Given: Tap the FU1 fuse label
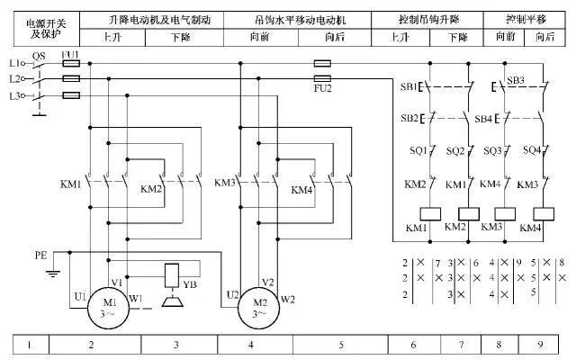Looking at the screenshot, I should click(70, 55).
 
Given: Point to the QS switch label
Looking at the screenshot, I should click(38, 55).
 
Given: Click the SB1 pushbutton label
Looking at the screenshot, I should click(408, 87).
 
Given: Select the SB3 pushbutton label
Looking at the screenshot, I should click(516, 80).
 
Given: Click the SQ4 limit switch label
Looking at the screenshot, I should click(531, 150).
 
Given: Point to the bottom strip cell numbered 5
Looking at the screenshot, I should click(341, 345).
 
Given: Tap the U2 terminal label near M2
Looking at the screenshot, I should click(232, 294).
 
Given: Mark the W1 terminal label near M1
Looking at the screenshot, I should click(136, 297).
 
